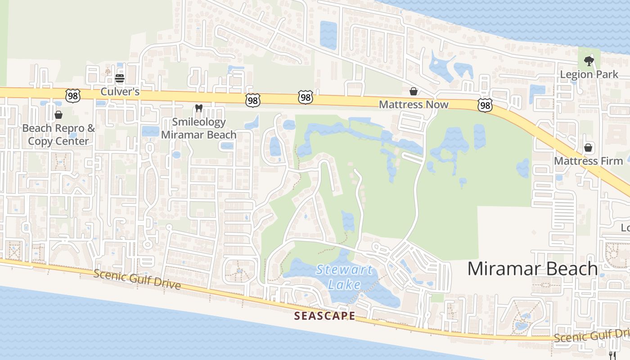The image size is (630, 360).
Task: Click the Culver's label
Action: (120, 92)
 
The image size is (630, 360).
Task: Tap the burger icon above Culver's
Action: (119, 78)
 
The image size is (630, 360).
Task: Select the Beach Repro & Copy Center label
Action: (58, 135)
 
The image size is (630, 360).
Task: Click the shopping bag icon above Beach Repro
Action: (58, 115)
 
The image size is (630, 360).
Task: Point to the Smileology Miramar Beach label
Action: (198, 128)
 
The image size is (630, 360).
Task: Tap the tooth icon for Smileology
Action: (198, 108)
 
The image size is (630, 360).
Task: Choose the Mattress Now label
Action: (414, 104)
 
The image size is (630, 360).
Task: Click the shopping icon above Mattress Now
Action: (414, 91)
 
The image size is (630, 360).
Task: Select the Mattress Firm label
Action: (588, 161)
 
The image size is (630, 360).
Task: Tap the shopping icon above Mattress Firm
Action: (588, 148)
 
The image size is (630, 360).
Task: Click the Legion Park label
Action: (589, 74)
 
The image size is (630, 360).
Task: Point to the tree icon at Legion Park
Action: (589, 61)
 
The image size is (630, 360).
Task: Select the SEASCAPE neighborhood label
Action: (324, 316)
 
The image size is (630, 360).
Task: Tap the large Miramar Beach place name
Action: (532, 269)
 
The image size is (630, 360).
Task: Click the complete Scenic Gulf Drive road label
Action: (137, 279)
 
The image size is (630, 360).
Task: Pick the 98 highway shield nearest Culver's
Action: (72, 95)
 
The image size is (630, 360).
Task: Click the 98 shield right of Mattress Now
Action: (485, 105)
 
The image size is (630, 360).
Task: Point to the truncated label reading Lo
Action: (625, 227)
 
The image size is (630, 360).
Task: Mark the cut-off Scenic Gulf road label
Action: (592, 336)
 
